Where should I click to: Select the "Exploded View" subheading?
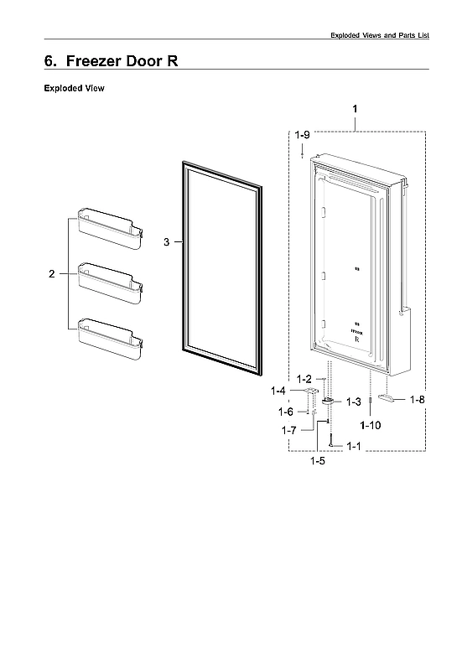click(x=74, y=88)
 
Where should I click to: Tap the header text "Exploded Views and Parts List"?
click(x=379, y=34)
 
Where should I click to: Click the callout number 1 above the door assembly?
click(x=355, y=110)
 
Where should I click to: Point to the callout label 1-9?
click(x=302, y=134)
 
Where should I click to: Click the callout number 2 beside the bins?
click(x=51, y=273)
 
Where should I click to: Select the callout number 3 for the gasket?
click(x=166, y=241)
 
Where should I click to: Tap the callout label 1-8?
click(x=417, y=400)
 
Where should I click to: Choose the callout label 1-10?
click(x=370, y=425)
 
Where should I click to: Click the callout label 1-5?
click(x=318, y=460)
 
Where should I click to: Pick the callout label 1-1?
click(x=353, y=446)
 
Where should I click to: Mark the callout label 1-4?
click(x=278, y=391)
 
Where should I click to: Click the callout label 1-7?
click(x=289, y=430)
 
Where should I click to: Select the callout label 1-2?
click(x=303, y=379)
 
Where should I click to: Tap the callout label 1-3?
click(x=353, y=402)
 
